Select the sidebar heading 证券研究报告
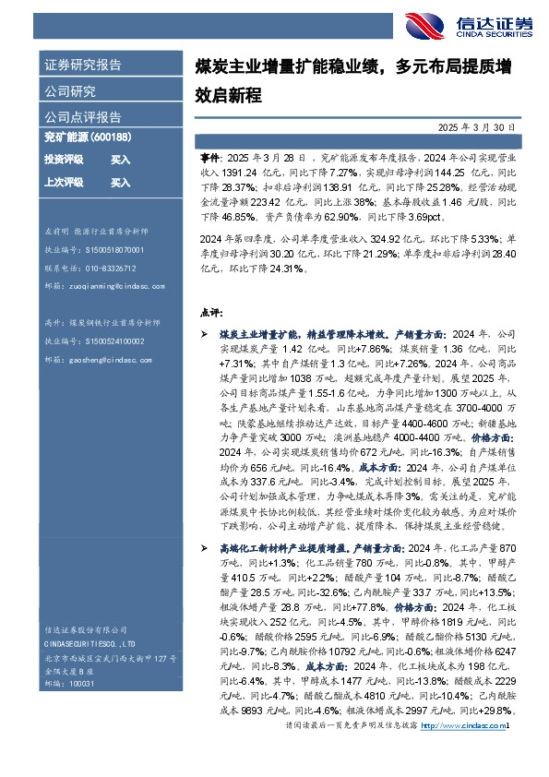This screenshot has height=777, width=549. tap(83, 66)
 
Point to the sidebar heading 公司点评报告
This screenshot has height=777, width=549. tap(83, 117)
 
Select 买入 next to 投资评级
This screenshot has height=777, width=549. tap(120, 160)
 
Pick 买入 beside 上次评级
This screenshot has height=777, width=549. tap(120, 183)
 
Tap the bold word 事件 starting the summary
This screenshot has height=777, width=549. tap(209, 160)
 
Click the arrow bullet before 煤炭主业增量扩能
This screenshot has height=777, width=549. tap(205, 335)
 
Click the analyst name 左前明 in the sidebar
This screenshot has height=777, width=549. tap(56, 231)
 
